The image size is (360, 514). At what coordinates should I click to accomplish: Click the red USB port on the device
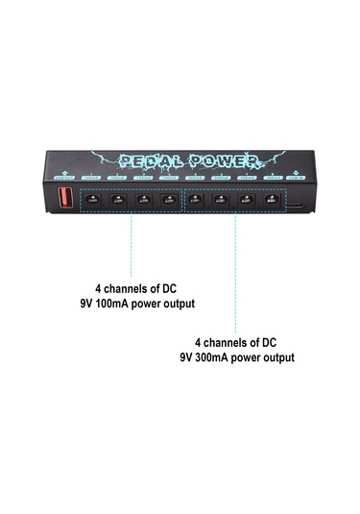coord(66,199)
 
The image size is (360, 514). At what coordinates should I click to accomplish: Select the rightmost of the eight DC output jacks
coord(273,200)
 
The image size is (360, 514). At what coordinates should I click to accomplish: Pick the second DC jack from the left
coord(118,200)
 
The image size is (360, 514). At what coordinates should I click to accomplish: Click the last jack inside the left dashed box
coord(168,200)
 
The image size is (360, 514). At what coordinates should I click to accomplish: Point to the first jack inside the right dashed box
coord(196,200)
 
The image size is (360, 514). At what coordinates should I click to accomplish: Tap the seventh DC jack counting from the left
coord(248,200)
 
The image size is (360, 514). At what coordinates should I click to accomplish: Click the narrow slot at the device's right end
coord(299,204)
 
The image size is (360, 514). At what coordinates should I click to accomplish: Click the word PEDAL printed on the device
coord(144,160)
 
